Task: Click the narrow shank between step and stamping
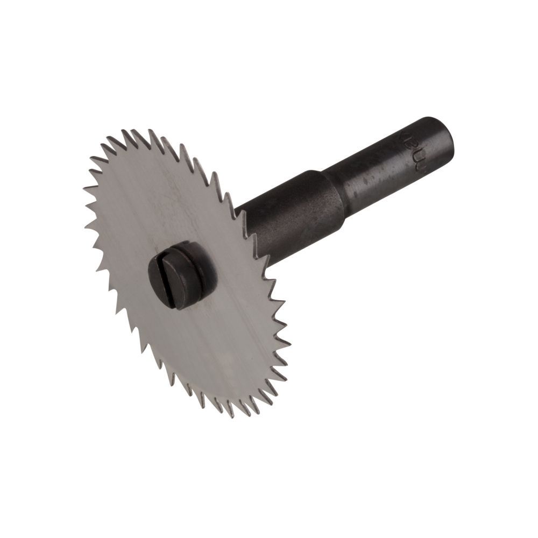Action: (x=371, y=172)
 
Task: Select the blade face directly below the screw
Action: (x=199, y=344)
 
